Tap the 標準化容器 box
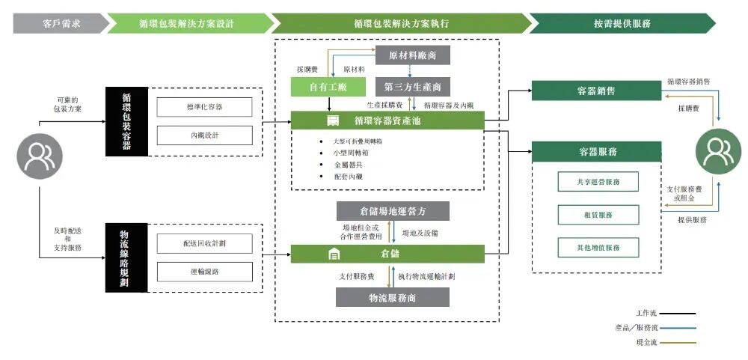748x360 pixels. [x=204, y=107]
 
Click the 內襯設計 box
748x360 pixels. [x=204, y=135]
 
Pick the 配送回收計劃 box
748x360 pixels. [x=204, y=243]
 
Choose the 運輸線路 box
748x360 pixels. [x=204, y=271]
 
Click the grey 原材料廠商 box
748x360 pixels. [x=413, y=55]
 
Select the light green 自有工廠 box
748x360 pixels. [x=328, y=87]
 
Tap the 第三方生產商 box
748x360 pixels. [x=413, y=87]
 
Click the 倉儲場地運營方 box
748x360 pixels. [x=392, y=211]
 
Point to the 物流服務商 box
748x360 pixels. [x=392, y=297]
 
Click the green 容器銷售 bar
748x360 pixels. [x=596, y=91]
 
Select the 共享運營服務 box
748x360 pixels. [x=598, y=182]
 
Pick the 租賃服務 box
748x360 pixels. [x=598, y=215]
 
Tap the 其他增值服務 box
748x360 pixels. [x=598, y=247]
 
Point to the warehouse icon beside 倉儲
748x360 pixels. [x=334, y=254]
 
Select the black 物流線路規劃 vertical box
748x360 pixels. [x=125, y=255]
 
